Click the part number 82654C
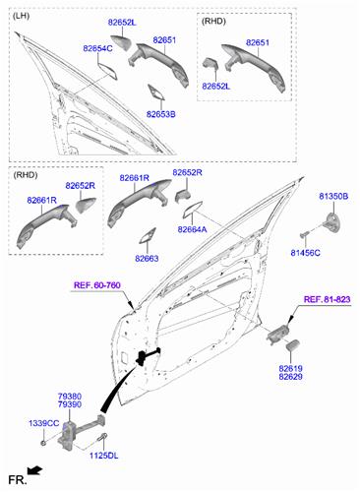pos(97,48)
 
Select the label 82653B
pos(160,114)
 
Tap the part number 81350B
pos(333,196)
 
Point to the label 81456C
pos(306,253)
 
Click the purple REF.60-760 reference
pos(97,285)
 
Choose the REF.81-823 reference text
pos(327,299)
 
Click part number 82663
pos(147,259)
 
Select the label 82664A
pos(192,229)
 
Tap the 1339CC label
pos(44,423)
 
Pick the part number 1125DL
pos(104,456)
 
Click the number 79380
pos(70,397)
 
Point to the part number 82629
pos(290,377)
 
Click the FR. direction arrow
pos(34,470)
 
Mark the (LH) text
pos(21,16)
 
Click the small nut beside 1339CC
pos(43,443)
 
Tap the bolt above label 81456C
pos(305,234)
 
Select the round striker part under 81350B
pos(331,222)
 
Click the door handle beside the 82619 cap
pos(277,335)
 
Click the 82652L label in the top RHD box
pos(216,87)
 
